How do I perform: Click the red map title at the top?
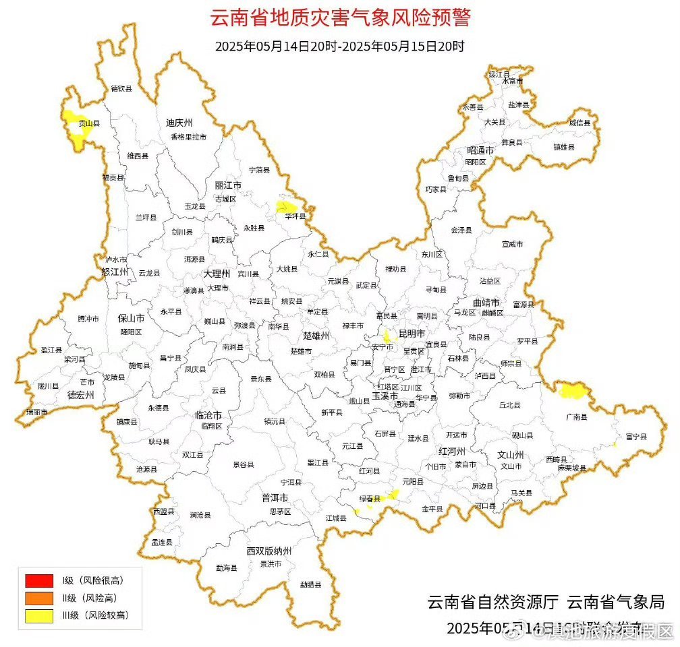click(340, 18)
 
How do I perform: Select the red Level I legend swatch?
click(38, 580)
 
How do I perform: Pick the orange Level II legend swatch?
click(38, 597)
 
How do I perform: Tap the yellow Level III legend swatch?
click(38, 615)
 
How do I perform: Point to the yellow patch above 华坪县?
click(287, 206)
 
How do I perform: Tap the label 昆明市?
click(412, 334)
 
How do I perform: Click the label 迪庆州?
click(179, 123)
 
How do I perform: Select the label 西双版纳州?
click(268, 551)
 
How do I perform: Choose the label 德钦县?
click(121, 88)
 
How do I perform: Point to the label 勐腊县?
click(311, 584)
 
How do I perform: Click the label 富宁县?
click(635, 437)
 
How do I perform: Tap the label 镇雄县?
click(563, 147)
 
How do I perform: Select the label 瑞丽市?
click(36, 412)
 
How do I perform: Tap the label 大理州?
click(217, 274)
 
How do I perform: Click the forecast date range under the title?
click(340, 47)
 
